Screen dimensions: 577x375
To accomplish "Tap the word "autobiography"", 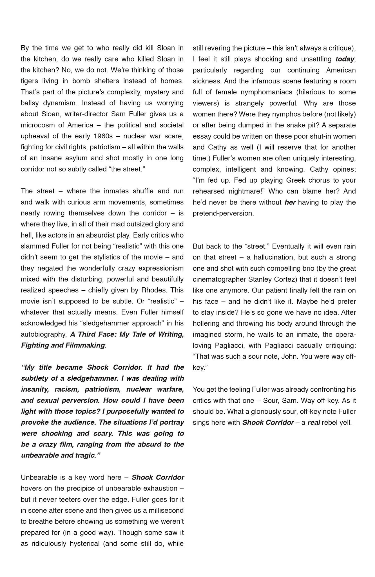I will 43,334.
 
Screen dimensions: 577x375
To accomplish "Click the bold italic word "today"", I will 345,59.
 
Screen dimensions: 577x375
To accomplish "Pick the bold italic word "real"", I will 313,422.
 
